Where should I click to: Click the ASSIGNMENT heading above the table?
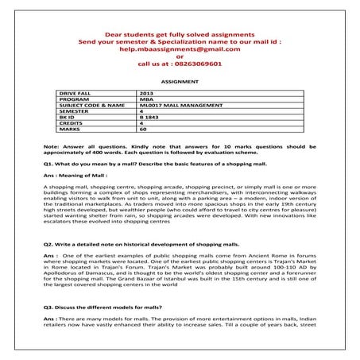(x=180, y=81)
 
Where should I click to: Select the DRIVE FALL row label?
(x=75, y=94)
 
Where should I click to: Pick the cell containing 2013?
(x=145, y=94)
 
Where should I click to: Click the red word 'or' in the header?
(x=180, y=57)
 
